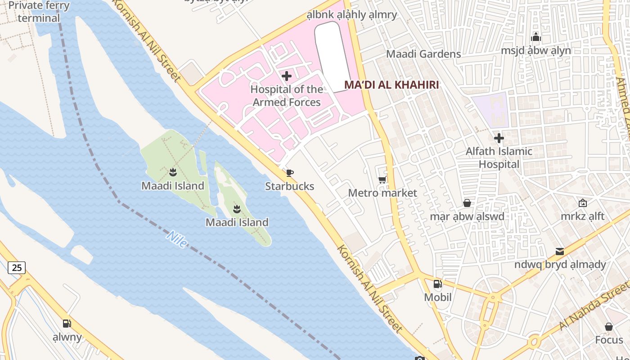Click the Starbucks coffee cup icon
pyautogui.click(x=290, y=173)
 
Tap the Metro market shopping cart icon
pyautogui.click(x=382, y=180)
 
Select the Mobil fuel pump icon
pyautogui.click(x=437, y=284)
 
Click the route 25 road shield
pyautogui.click(x=17, y=268)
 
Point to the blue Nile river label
pyautogui.click(x=177, y=239)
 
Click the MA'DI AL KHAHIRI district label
pyautogui.click(x=391, y=85)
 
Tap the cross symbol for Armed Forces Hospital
pyautogui.click(x=287, y=76)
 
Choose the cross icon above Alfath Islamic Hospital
pyautogui.click(x=499, y=138)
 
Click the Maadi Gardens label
pyautogui.click(x=423, y=54)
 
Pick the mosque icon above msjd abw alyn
pyautogui.click(x=535, y=37)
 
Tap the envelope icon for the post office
pyautogui.click(x=559, y=251)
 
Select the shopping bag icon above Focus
pyautogui.click(x=608, y=327)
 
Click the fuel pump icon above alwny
pyautogui.click(x=67, y=323)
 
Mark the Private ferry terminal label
pyautogui.click(x=39, y=12)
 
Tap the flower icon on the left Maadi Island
pyautogui.click(x=172, y=172)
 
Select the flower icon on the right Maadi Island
pyautogui.click(x=237, y=209)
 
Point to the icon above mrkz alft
pyautogui.click(x=583, y=203)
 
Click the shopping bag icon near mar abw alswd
pyautogui.click(x=467, y=203)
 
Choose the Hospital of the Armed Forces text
pyautogui.click(x=287, y=95)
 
